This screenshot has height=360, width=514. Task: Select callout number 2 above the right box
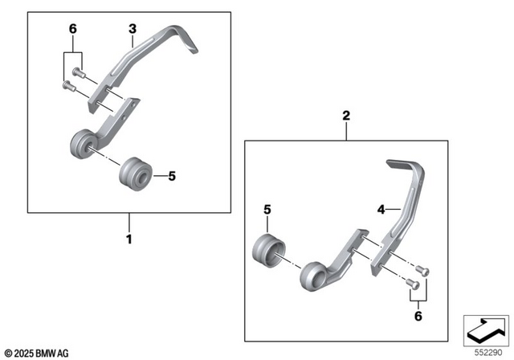pyautogui.click(x=346, y=117)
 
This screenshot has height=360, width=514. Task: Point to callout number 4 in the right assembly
pyautogui.click(x=382, y=211)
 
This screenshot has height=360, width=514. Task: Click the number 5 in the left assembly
pyautogui.click(x=170, y=174)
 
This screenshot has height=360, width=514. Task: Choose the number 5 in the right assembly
pyautogui.click(x=268, y=211)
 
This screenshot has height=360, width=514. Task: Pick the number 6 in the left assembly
pyautogui.click(x=72, y=29)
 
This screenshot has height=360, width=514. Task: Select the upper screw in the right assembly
pyautogui.click(x=425, y=270)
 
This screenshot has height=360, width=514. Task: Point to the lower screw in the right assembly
pyautogui.click(x=413, y=282)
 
